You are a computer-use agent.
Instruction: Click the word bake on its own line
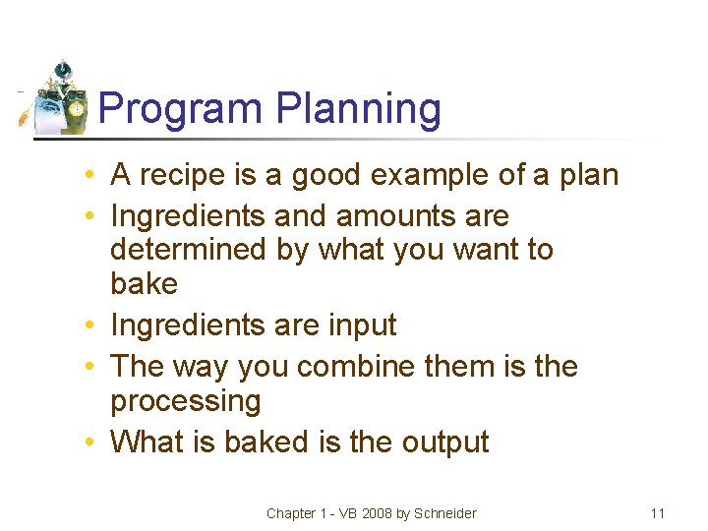(144, 284)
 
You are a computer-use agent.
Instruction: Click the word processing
(186, 401)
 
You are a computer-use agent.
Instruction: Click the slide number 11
(658, 512)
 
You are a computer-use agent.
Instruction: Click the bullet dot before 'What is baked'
(88, 442)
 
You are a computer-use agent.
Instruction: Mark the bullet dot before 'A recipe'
(88, 176)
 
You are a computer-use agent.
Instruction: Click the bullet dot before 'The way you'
(88, 367)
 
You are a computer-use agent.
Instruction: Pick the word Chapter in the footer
(291, 512)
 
